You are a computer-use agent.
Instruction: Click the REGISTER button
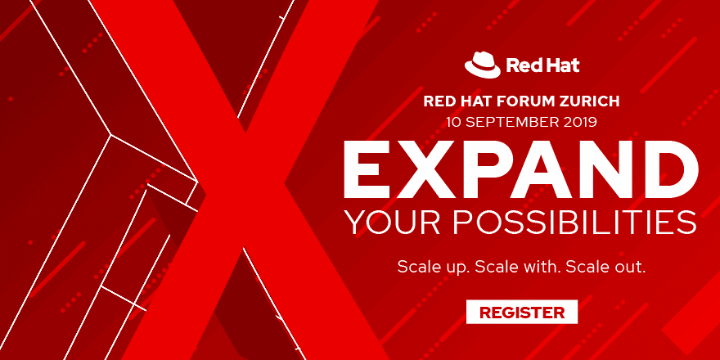[522, 312]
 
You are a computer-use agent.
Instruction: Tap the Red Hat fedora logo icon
[482, 64]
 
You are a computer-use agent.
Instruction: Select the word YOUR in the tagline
[384, 223]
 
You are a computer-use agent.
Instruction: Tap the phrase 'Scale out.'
[605, 267]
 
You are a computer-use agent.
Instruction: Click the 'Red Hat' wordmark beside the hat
[542, 65]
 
